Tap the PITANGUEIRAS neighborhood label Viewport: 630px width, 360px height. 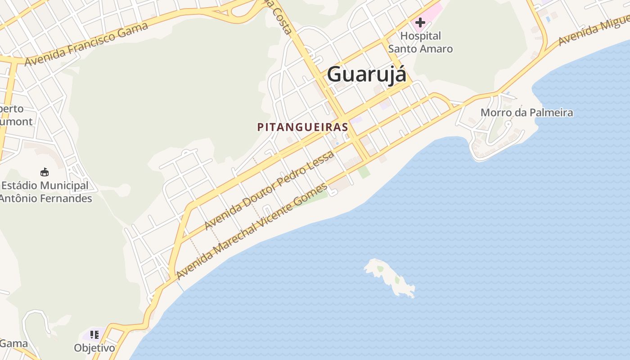tap(302, 127)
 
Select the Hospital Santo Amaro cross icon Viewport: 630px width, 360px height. tap(420, 22)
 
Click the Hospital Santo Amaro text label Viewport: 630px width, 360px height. tap(420, 42)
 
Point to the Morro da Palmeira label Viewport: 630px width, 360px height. tap(526, 112)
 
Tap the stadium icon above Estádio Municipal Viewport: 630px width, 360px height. tap(45, 172)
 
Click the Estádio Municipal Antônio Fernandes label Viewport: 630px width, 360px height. tap(45, 192)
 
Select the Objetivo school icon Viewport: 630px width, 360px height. tap(94, 334)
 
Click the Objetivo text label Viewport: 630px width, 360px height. tap(94, 348)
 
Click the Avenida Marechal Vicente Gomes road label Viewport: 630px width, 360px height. tap(252, 231)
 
